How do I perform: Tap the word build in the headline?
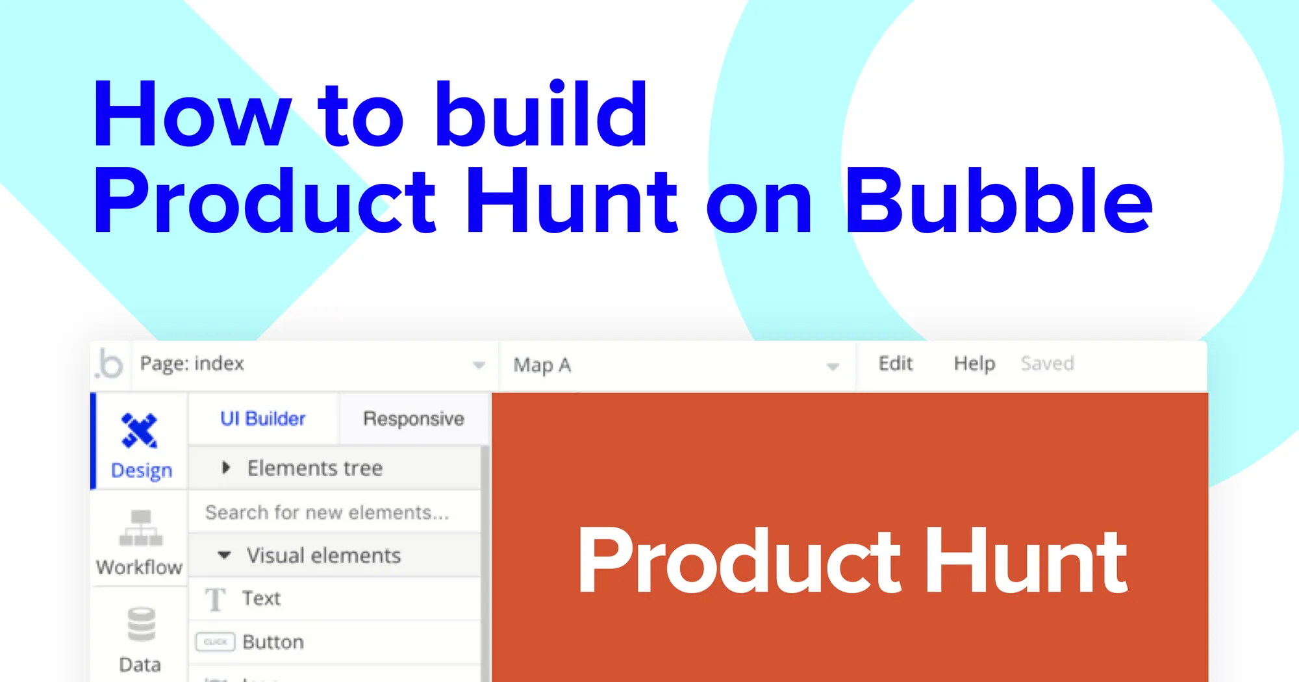(x=541, y=114)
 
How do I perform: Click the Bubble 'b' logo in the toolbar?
(x=110, y=364)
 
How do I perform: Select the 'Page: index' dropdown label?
(x=192, y=364)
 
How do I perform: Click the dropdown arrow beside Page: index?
(x=479, y=365)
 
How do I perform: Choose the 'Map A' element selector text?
(x=542, y=365)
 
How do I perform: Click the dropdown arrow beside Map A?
(x=833, y=367)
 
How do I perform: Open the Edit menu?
(x=895, y=364)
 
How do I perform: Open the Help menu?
(x=974, y=364)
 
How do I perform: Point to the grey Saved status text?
(x=1047, y=364)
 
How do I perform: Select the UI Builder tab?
(x=262, y=419)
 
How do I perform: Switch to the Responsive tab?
(x=414, y=419)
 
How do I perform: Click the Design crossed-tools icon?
(x=140, y=431)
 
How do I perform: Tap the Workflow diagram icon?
(x=141, y=528)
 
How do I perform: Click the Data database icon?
(x=141, y=624)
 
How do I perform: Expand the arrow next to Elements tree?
(x=226, y=468)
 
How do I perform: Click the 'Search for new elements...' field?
(x=327, y=512)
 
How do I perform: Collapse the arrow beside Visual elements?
(x=224, y=555)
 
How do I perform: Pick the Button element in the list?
(x=273, y=642)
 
